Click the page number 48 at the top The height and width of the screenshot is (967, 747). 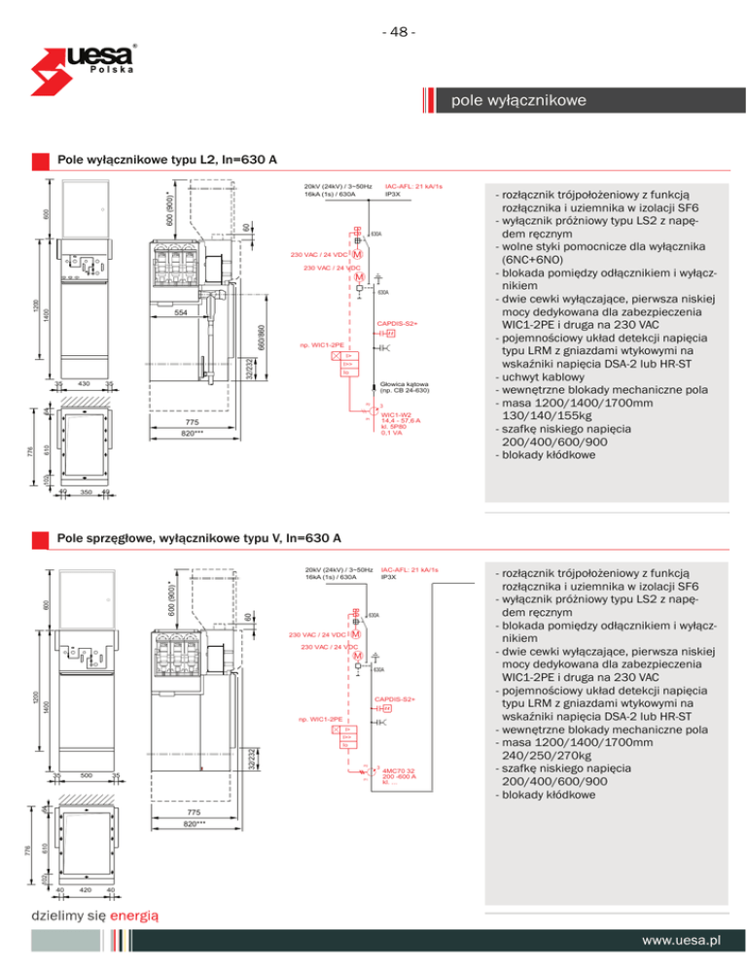(x=399, y=32)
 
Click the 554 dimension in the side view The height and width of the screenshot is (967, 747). (x=181, y=314)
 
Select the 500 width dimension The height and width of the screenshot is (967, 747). (x=86, y=775)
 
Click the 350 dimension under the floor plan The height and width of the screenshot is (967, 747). (x=86, y=493)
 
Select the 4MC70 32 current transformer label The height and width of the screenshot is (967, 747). (x=400, y=770)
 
